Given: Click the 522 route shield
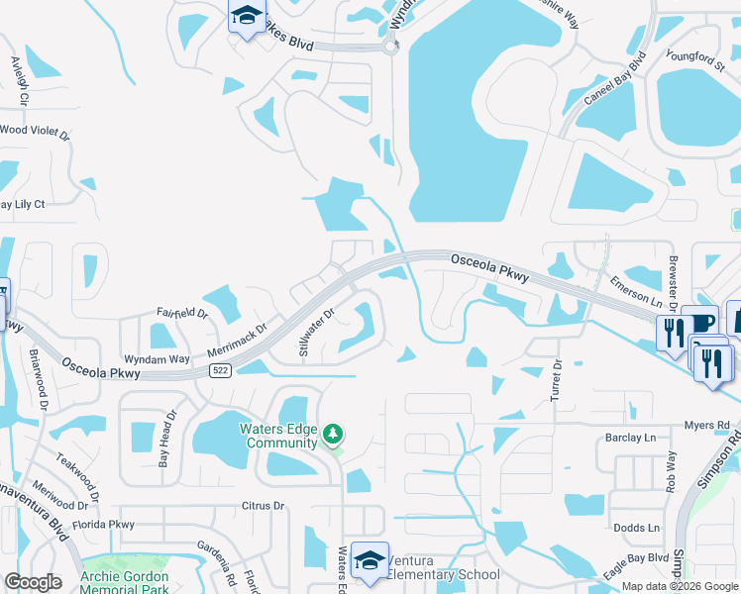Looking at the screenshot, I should click(x=220, y=369).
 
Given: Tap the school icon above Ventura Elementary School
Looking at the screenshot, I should click(x=370, y=560).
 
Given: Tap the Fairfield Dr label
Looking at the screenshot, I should click(x=182, y=314).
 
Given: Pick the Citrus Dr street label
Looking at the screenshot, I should click(x=263, y=506).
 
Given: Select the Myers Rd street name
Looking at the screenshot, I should click(x=706, y=426).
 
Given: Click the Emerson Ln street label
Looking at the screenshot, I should click(x=635, y=292).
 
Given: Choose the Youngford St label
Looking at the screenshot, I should click(x=696, y=61).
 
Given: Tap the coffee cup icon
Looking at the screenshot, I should click(x=701, y=325).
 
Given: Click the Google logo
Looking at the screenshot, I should click(x=34, y=582).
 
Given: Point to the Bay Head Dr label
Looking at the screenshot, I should click(x=166, y=439).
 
